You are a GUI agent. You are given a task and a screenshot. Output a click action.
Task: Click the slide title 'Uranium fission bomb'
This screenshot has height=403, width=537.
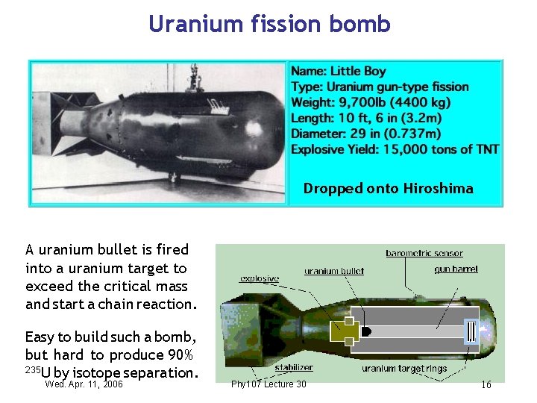(269, 24)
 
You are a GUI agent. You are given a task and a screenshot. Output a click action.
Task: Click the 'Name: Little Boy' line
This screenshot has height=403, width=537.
(339, 71)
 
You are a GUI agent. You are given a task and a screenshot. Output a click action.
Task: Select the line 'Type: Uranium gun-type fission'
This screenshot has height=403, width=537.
(380, 87)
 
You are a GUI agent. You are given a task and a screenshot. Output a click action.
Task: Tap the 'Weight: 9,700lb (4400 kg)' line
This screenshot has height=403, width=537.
(371, 102)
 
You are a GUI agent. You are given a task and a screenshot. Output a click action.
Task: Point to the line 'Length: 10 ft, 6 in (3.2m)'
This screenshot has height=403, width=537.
(366, 118)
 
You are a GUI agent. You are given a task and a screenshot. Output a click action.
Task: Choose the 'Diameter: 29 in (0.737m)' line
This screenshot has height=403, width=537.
(365, 134)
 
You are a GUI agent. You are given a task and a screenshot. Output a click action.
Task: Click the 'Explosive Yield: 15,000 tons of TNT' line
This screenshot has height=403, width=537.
(395, 149)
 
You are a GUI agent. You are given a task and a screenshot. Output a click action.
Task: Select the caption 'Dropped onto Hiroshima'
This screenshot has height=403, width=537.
(388, 189)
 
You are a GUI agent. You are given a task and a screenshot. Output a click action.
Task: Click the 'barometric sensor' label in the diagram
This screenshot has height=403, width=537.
(424, 254)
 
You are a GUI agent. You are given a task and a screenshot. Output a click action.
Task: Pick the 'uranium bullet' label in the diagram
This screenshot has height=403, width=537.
(334, 271)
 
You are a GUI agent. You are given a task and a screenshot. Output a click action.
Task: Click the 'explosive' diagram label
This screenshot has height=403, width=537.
(260, 279)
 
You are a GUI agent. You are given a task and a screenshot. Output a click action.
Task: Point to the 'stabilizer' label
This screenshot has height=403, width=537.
(294, 367)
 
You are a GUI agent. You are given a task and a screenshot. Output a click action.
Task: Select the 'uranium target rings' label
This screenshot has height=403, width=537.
(405, 369)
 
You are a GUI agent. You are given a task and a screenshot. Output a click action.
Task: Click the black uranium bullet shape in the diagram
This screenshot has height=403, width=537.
(366, 331)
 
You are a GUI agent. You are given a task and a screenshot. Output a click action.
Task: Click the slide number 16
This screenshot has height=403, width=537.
(486, 384)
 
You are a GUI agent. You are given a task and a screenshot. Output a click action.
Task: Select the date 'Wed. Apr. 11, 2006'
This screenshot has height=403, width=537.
(84, 384)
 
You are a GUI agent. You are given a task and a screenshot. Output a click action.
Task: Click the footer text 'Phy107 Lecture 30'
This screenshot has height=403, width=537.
(268, 384)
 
